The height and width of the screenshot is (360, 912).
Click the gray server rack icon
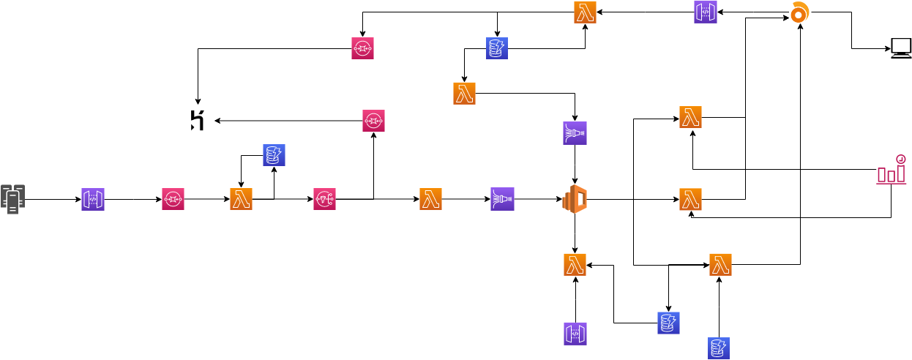click(x=13, y=199)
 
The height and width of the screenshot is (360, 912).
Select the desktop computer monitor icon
click(x=901, y=49)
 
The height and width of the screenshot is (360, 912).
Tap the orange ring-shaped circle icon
click(x=800, y=12)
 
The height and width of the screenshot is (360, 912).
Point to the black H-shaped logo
click(x=197, y=120)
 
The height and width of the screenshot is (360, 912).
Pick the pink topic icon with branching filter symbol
click(x=324, y=199)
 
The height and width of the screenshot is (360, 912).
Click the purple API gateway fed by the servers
click(x=93, y=199)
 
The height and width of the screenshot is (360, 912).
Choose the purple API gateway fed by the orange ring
click(x=706, y=12)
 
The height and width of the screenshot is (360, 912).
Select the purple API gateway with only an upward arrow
click(x=575, y=334)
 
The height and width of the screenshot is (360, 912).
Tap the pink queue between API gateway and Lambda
click(x=173, y=199)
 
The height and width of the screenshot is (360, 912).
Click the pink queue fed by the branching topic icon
click(x=373, y=121)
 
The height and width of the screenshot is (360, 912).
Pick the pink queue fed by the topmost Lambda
click(x=362, y=48)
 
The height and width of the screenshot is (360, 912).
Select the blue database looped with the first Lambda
click(x=274, y=155)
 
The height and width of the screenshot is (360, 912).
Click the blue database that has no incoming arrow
click(x=719, y=348)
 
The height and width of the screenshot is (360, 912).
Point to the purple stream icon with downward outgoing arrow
click(x=575, y=133)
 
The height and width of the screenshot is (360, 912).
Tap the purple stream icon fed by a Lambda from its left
click(x=502, y=199)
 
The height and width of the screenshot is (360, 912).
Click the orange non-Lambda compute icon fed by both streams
click(x=575, y=199)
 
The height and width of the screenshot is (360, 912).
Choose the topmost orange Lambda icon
click(x=585, y=12)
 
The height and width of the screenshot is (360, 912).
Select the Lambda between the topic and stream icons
click(x=430, y=199)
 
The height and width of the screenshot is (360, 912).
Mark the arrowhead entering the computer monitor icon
click(x=887, y=49)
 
